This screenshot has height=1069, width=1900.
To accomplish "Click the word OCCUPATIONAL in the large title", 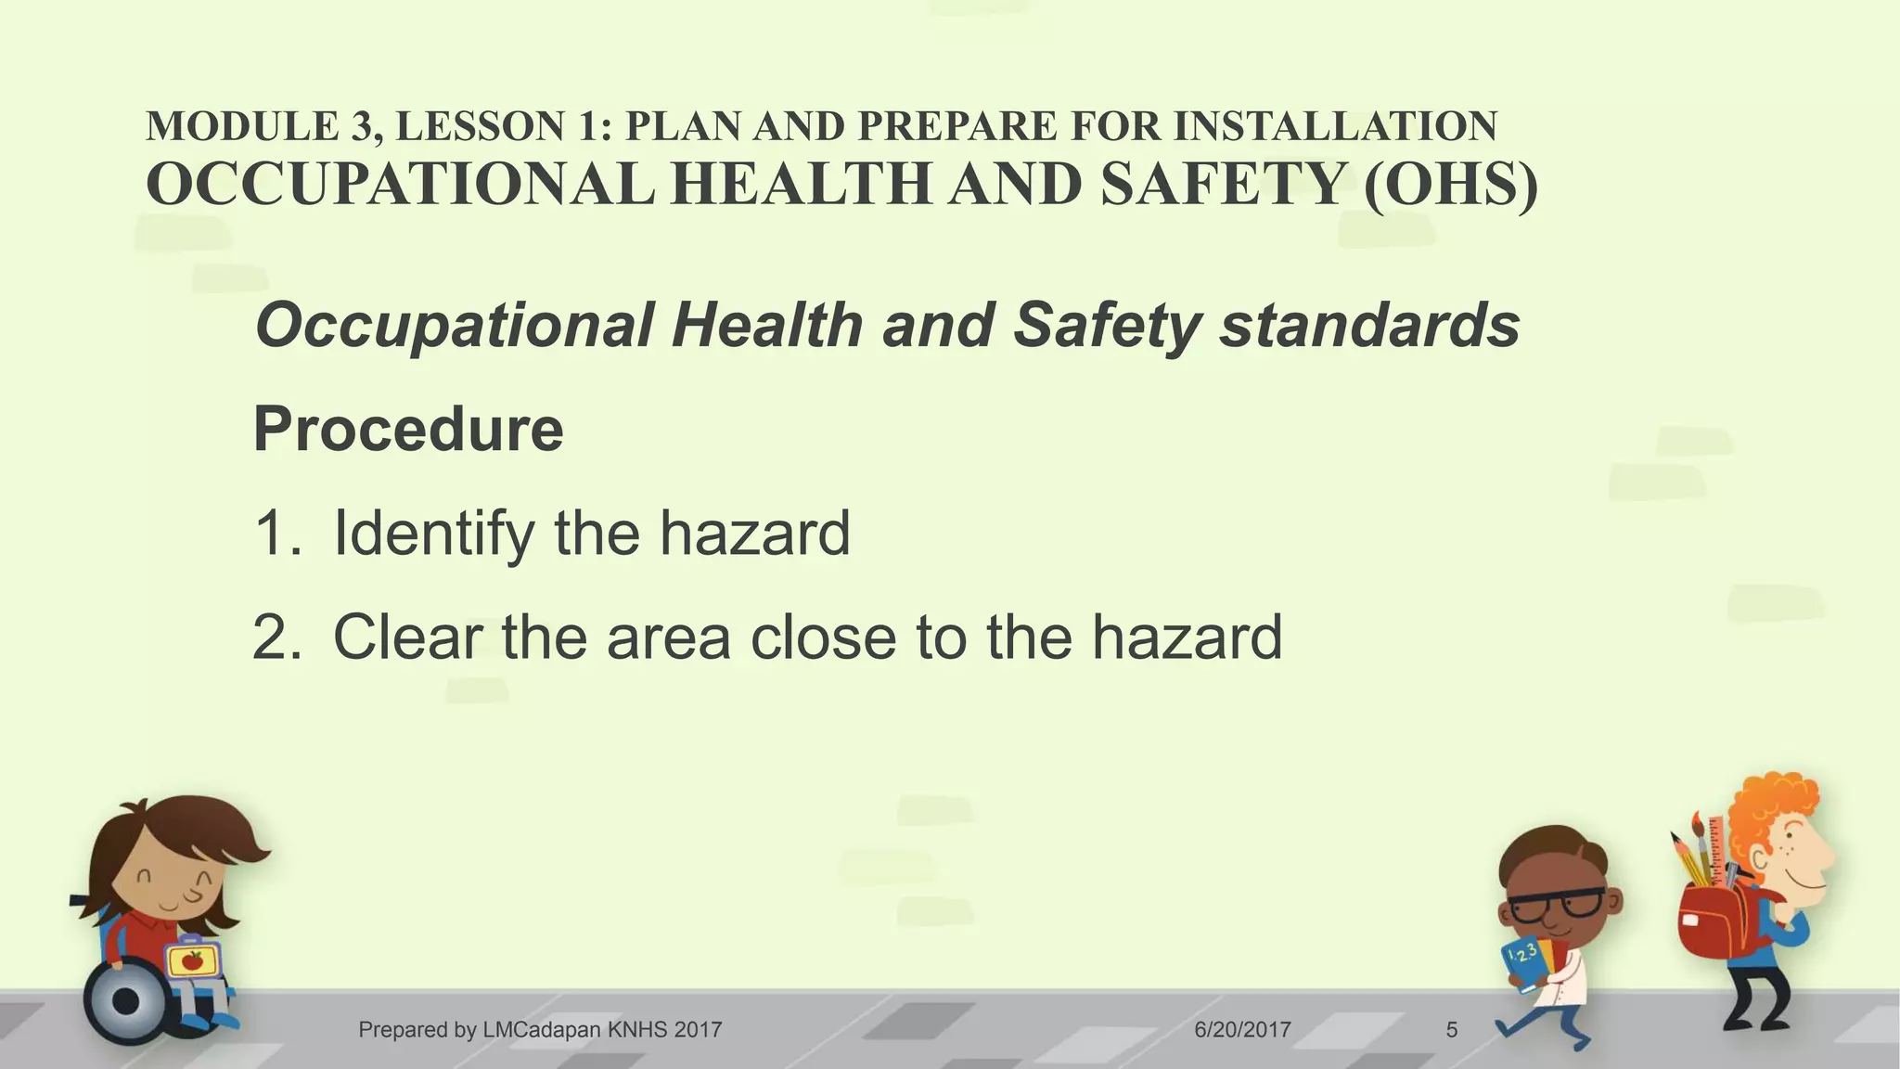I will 400,184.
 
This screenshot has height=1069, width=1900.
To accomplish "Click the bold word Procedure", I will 408,429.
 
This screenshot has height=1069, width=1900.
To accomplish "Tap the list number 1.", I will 276,534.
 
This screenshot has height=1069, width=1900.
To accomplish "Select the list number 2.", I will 276,638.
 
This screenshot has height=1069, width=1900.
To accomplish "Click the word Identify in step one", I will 434,534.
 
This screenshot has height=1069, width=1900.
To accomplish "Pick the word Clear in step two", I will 408,638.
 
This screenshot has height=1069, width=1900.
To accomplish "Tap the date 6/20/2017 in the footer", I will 1242,1029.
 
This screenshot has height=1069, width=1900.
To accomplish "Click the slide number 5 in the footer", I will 1452,1029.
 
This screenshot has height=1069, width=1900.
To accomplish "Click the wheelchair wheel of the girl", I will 127,1001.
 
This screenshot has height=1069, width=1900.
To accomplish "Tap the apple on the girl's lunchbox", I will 193,960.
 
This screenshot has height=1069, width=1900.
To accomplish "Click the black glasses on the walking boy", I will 1556,903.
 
